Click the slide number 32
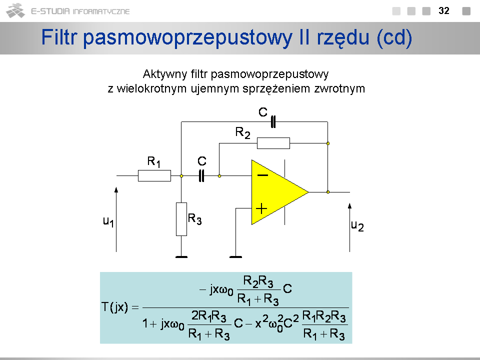443,10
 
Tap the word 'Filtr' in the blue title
59,38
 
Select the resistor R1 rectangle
154,175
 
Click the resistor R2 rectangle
273,143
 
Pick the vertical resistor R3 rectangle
181,219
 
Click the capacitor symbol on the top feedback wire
273,121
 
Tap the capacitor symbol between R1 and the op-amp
202,175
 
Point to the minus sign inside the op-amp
262,175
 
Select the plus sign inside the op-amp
262,208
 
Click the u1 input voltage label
108,221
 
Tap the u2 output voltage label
357,225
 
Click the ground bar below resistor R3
181,257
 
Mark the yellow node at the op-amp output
327,191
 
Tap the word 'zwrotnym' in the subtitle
342,88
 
